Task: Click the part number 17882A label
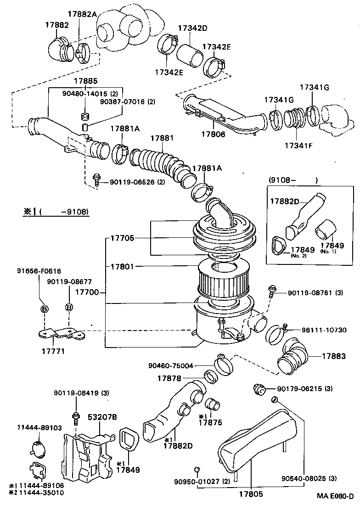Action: (82, 14)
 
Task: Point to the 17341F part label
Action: (298, 146)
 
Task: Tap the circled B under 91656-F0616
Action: (45, 308)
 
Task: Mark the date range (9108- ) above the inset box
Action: (292, 179)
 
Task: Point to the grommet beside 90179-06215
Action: (259, 390)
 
